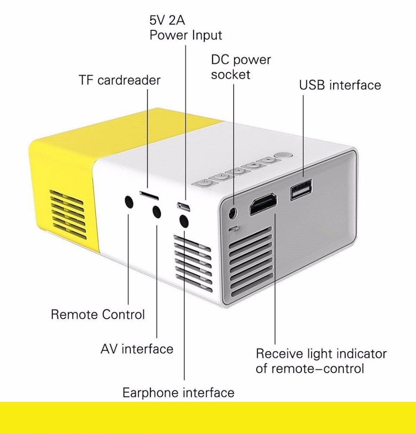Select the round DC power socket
[233, 213]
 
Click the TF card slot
[149, 195]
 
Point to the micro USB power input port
[184, 206]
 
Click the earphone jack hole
[184, 221]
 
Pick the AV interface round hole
[157, 212]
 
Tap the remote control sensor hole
[129, 203]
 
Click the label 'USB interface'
[340, 85]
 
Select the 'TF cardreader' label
[120, 80]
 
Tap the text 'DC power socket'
[241, 67]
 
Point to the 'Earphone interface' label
[178, 392]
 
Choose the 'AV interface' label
[137, 349]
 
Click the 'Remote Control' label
[97, 314]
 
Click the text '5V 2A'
[167, 20]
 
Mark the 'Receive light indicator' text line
[321, 353]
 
